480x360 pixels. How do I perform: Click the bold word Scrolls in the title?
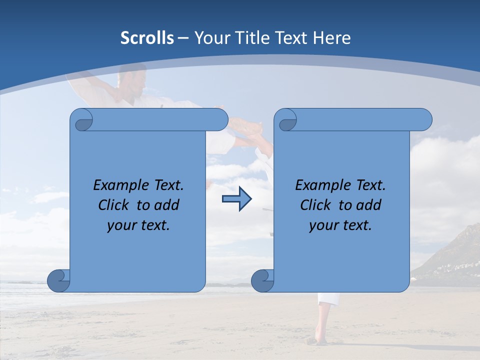coord(147,38)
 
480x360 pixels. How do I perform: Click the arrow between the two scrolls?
coord(236,199)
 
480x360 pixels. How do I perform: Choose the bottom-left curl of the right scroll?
coord(263,280)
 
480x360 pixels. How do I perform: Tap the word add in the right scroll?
coord(370,205)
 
